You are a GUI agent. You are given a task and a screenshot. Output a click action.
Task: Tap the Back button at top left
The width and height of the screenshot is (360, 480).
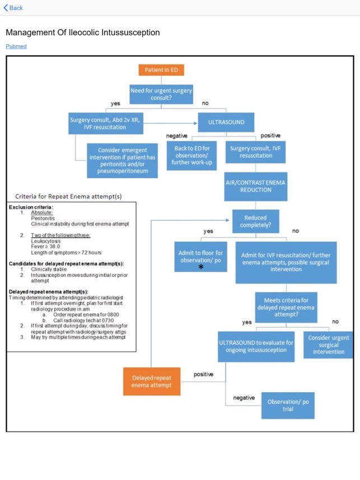pyautogui.click(x=13, y=8)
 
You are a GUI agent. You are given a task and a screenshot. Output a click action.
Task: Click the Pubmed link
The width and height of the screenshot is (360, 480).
pyautogui.click(x=16, y=46)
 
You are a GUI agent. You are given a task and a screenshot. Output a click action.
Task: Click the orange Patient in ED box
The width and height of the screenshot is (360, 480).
pyautogui.click(x=161, y=70)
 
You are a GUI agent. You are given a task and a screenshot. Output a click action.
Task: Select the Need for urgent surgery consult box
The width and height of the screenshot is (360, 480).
pyautogui.click(x=161, y=94)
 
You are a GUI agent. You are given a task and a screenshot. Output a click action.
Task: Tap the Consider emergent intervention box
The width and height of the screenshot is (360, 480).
pyautogui.click(x=123, y=161)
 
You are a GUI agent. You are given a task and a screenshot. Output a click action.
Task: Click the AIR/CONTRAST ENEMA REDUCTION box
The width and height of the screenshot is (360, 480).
pyautogui.click(x=256, y=186)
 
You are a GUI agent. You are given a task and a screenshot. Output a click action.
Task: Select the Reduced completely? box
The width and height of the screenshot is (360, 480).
pyautogui.click(x=255, y=221)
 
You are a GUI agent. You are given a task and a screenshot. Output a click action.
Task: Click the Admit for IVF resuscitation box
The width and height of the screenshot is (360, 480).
pyautogui.click(x=286, y=262)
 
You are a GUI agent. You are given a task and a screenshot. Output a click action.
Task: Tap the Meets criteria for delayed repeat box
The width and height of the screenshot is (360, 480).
pyautogui.click(x=286, y=307)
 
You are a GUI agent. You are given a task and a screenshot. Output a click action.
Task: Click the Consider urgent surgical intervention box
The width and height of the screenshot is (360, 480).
pyautogui.click(x=329, y=345)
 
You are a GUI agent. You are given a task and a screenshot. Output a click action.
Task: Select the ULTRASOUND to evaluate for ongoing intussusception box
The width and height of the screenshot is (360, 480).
pyautogui.click(x=256, y=346)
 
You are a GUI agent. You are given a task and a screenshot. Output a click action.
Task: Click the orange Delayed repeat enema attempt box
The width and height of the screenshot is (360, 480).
pyautogui.click(x=152, y=382)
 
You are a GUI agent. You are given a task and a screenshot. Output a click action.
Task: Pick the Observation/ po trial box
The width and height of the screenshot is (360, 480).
pyautogui.click(x=288, y=405)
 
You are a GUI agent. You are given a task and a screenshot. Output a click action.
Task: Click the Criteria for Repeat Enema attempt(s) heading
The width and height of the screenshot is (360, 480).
pyautogui.click(x=68, y=196)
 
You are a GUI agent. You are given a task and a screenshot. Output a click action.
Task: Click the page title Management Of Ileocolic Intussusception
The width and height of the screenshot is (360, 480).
pyautogui.click(x=83, y=32)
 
